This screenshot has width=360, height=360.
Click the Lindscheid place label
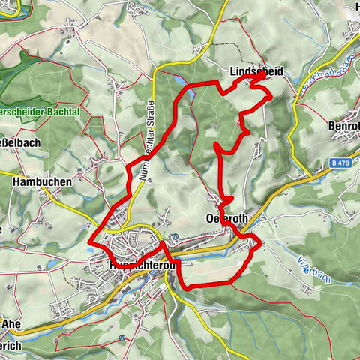click(255, 71)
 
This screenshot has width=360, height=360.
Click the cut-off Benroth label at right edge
click(345, 125)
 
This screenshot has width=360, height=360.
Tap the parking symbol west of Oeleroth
click(174, 236)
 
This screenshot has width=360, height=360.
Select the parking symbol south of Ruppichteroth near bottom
click(122, 340)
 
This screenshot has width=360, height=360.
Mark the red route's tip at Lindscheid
click(263, 76)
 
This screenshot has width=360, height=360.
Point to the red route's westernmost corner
click(91, 241)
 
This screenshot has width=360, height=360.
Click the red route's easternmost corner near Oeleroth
click(260, 242)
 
